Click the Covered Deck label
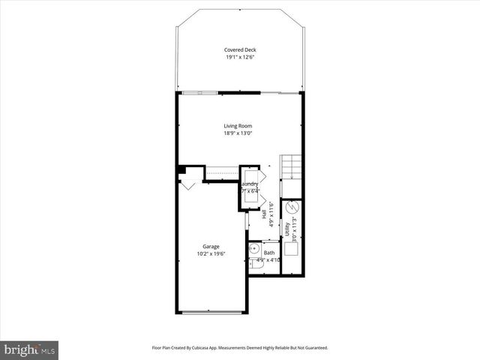(239, 49)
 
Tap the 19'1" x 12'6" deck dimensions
(239, 58)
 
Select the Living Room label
(238, 125)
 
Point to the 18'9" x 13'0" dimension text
(238, 133)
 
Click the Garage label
(211, 246)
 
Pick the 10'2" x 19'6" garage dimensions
(211, 254)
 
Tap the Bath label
(268, 253)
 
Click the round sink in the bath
(253, 248)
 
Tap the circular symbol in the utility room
(293, 206)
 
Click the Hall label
(265, 213)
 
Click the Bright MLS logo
(30, 349)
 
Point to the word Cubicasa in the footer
(220, 347)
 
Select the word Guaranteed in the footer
(312, 347)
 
